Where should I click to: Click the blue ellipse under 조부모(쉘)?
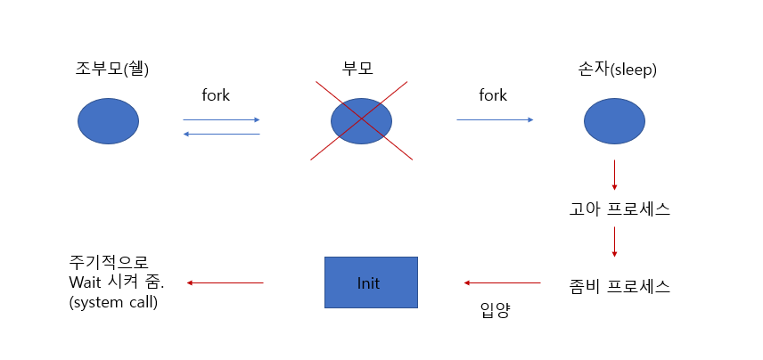109,121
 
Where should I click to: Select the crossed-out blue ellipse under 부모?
361,121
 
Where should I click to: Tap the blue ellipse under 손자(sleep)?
615,121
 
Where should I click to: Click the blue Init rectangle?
371,283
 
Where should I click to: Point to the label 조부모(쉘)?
112,68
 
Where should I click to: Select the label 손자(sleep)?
617,68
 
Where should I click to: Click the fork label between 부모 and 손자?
492,94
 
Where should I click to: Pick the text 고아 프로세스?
619,210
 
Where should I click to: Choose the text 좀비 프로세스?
619,286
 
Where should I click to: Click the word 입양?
495,312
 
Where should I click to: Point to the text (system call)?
114,301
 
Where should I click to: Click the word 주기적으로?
110,263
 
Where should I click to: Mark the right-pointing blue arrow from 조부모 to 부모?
221,119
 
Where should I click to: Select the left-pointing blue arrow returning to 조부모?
221,134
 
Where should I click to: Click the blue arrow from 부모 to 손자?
495,119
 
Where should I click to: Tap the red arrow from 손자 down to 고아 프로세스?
614,175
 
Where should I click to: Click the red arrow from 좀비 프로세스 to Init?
502,283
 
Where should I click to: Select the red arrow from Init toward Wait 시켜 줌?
225,283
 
